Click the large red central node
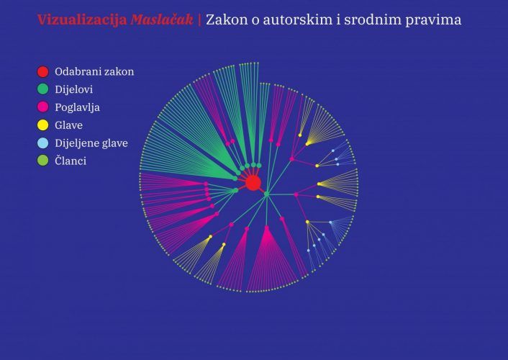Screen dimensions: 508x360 (x=253, y=184)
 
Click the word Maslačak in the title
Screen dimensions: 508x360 (x=162, y=19)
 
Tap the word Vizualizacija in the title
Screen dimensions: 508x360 (x=82, y=20)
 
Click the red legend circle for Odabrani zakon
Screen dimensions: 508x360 (x=42, y=72)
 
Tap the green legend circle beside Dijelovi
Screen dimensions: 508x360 (x=42, y=89)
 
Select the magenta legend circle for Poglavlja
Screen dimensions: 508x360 (x=42, y=107)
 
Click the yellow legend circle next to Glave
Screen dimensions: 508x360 (x=42, y=125)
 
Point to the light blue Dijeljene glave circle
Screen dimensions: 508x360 (x=42, y=143)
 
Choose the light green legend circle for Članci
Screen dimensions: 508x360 (x=42, y=161)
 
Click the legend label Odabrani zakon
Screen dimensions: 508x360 (x=94, y=72)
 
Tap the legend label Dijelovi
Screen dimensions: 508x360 (x=74, y=89)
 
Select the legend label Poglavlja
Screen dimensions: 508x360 (x=78, y=107)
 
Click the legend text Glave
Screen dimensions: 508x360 (x=68, y=125)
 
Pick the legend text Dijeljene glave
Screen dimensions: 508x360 (x=91, y=143)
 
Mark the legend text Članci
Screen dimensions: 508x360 (x=71, y=161)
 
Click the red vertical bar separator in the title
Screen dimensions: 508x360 (x=199, y=20)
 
